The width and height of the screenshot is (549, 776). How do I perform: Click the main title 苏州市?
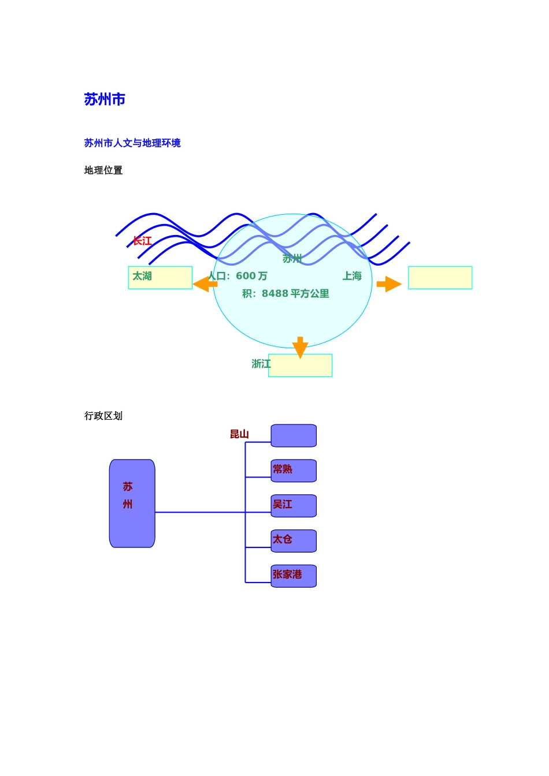105,99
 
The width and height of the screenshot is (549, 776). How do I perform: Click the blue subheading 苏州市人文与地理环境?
132,143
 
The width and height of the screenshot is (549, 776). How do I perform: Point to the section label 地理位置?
103,170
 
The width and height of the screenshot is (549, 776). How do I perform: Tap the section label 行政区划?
103,416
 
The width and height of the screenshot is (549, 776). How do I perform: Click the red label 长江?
142,241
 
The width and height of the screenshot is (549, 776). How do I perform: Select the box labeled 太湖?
160,277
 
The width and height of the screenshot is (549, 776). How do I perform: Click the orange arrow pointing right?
389,284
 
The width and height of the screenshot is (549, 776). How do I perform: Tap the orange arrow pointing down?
300,347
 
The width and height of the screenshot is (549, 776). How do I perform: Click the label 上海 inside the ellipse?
352,276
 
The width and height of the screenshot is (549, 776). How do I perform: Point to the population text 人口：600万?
238,276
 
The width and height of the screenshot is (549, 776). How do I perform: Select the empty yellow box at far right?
440,277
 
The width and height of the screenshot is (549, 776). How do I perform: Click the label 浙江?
261,364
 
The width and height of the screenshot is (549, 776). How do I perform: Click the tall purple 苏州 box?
132,503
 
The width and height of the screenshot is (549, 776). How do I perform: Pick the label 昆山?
239,434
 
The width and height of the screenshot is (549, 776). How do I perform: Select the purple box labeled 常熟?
294,471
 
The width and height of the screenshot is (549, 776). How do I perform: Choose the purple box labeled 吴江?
294,506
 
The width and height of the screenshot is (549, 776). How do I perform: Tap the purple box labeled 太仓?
294,541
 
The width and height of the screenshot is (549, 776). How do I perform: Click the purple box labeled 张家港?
294,576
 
